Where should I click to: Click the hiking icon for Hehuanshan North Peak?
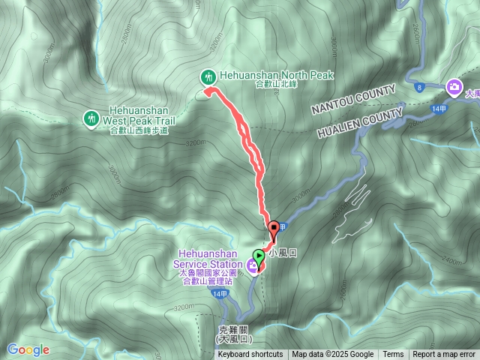(208, 76)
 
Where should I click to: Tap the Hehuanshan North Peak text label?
(276, 75)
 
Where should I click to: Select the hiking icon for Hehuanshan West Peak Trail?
(91, 118)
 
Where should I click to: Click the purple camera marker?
(454, 87)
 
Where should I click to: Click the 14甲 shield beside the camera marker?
(439, 109)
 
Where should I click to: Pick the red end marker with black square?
(274, 228)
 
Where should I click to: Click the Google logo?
(28, 349)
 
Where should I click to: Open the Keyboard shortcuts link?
(250, 355)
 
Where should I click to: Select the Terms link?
(393, 355)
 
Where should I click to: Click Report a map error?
(444, 355)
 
